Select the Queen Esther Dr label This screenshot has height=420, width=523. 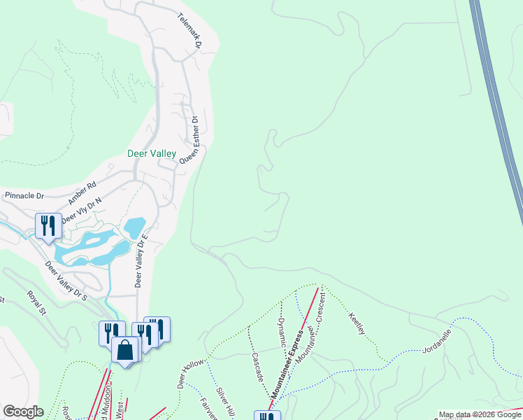click(190, 140)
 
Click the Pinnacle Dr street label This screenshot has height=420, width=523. click(24, 195)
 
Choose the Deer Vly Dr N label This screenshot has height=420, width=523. click(81, 211)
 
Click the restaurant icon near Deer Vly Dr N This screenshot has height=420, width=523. click(48, 225)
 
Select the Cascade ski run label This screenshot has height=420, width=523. click(257, 365)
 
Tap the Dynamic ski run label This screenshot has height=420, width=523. click(282, 333)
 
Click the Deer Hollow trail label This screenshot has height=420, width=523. click(190, 374)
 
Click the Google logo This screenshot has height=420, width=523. click(23, 412)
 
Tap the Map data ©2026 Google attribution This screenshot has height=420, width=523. click(480, 414)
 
